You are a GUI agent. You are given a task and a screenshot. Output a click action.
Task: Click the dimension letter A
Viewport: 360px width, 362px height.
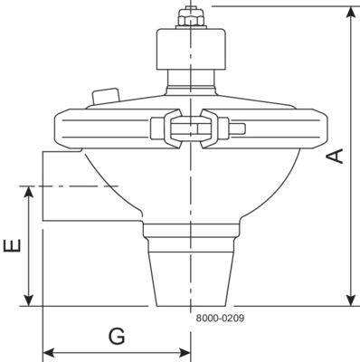(x=336, y=156)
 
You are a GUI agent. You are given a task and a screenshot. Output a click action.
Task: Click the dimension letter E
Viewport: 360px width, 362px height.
(x=13, y=245)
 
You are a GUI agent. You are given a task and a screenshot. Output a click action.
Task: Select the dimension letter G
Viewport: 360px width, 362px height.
(x=117, y=337)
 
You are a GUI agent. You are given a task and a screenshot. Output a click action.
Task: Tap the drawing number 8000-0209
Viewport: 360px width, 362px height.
(x=220, y=318)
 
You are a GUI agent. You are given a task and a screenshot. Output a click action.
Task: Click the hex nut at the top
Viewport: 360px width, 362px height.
(x=191, y=17)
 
